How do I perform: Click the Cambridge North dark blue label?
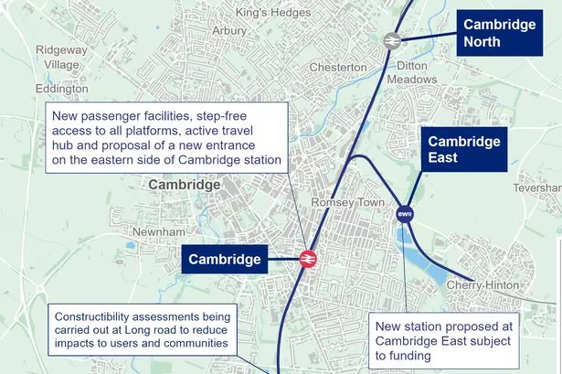tap(499, 33)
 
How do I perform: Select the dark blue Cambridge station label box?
tap(225, 260)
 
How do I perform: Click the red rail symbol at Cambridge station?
tap(307, 259)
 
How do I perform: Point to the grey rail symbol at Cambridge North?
tap(391, 40)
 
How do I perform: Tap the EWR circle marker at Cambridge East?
tap(405, 214)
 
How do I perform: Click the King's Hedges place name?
tap(273, 13)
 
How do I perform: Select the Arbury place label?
tap(228, 30)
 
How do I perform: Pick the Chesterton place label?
tap(337, 67)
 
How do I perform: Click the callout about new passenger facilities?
tap(168, 135)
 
